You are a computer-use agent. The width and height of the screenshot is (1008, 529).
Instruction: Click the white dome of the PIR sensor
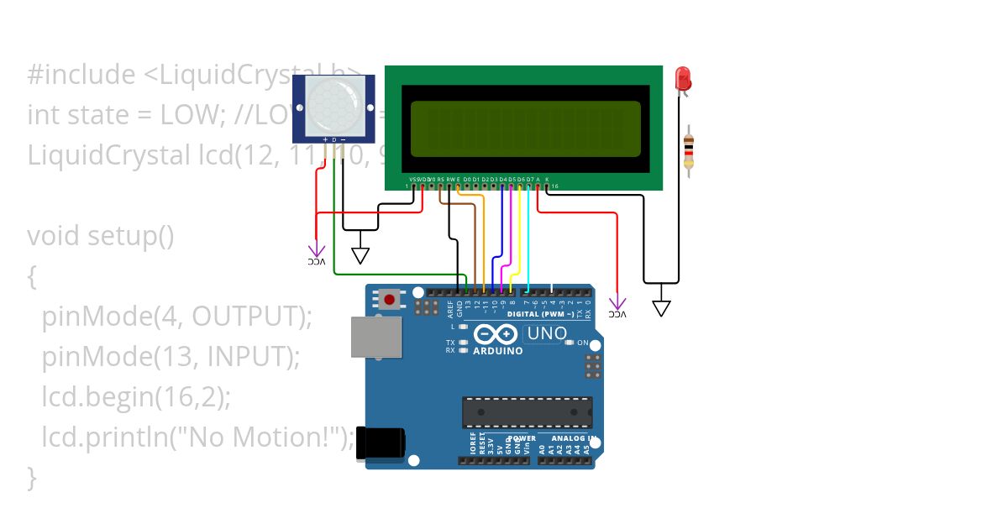click(x=333, y=106)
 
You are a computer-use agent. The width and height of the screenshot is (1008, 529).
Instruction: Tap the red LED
click(x=683, y=80)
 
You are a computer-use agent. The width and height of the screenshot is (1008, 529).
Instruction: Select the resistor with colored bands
click(x=689, y=152)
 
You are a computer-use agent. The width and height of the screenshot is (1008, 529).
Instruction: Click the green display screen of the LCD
click(x=525, y=128)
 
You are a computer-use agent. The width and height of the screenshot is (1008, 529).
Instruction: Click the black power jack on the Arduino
click(x=381, y=443)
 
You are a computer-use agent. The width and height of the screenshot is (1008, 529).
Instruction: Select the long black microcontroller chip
click(x=527, y=411)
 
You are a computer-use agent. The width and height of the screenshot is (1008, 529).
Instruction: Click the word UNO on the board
click(x=547, y=333)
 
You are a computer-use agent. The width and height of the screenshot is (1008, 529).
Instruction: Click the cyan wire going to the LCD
click(x=528, y=244)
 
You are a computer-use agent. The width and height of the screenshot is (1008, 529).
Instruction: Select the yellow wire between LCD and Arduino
click(x=520, y=244)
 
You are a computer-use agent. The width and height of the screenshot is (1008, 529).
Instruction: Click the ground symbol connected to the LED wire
click(x=662, y=308)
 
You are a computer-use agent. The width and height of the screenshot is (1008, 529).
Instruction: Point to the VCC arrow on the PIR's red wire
click(x=316, y=250)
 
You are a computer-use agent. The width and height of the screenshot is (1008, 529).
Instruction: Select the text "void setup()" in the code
click(x=100, y=237)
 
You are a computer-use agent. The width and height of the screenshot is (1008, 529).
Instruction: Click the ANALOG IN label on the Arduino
click(x=575, y=438)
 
